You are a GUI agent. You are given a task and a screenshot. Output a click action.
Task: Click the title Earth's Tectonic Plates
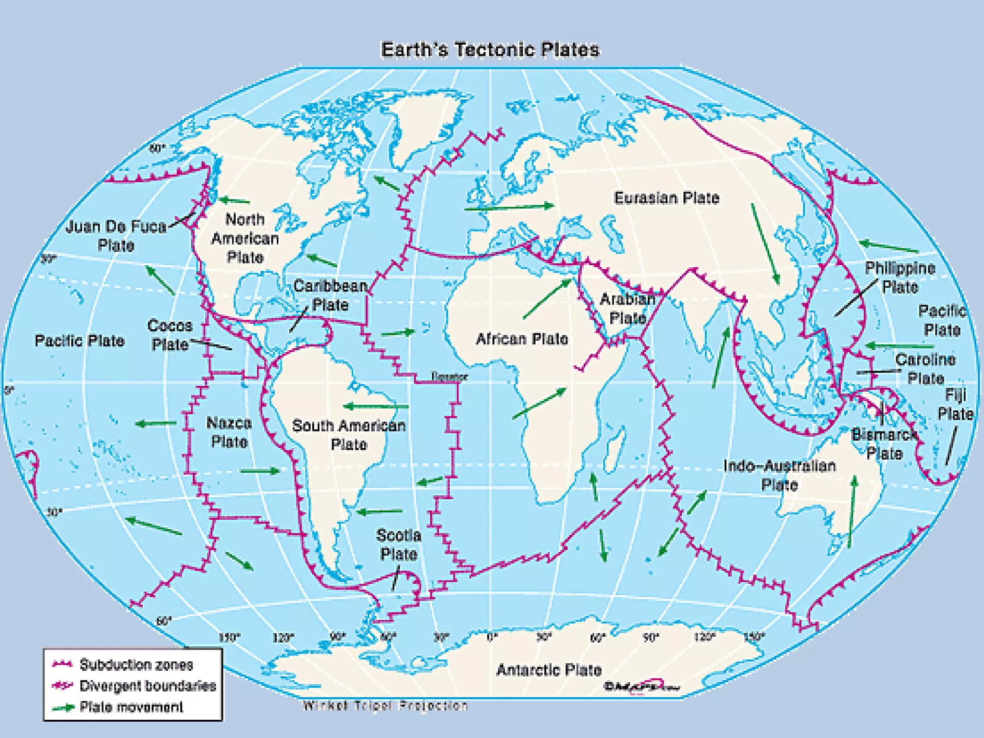click(490, 50)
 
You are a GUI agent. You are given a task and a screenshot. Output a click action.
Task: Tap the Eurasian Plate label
click(666, 198)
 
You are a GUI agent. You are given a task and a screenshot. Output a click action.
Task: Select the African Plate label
click(522, 339)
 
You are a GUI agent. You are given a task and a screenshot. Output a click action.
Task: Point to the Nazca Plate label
click(229, 432)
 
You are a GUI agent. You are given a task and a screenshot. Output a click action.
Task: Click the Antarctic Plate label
click(549, 670)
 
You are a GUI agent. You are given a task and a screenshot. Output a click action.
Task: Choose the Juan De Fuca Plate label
click(116, 235)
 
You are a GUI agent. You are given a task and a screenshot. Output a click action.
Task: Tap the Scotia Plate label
click(398, 544)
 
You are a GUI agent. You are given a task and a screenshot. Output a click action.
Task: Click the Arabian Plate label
click(627, 308)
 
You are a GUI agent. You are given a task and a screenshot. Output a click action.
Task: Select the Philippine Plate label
click(900, 277)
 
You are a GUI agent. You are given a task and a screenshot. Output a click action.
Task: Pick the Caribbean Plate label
click(330, 295)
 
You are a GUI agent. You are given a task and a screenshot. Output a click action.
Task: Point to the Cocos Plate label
click(170, 334)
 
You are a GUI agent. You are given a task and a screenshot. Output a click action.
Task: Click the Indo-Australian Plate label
click(779, 475)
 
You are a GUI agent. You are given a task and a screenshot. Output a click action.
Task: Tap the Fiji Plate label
click(955, 404)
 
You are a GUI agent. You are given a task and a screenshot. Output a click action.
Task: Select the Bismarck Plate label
click(884, 444)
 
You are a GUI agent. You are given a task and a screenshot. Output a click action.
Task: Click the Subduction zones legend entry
click(136, 664)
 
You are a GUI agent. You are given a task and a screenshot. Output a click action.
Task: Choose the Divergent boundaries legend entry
click(148, 686)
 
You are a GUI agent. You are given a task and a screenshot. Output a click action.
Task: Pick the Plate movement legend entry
click(131, 707)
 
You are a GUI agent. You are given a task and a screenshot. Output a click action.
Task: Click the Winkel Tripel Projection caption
click(385, 706)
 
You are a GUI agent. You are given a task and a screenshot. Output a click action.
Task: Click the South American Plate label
click(349, 434)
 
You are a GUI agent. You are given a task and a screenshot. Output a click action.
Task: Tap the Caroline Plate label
click(925, 369)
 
